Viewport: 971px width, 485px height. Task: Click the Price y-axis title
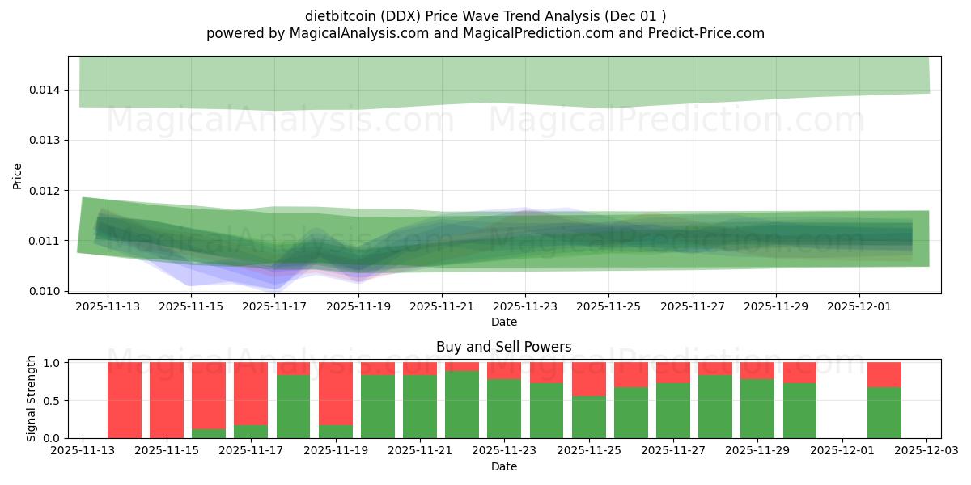[x=18, y=175]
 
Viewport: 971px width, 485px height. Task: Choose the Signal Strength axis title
[x=32, y=399]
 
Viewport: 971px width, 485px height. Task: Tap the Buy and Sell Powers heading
[x=503, y=347]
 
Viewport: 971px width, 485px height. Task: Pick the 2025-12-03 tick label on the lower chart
[x=926, y=451]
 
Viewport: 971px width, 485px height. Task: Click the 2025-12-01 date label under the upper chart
[x=859, y=307]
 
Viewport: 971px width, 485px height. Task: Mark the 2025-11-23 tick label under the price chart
[x=525, y=307]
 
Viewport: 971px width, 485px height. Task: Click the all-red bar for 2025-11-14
[x=125, y=400]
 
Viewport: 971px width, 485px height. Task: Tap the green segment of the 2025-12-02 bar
[x=884, y=413]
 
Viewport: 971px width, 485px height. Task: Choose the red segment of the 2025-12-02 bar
[x=884, y=375]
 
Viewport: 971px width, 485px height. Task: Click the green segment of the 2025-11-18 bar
[x=293, y=407]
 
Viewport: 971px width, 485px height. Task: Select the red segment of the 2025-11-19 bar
[x=335, y=394]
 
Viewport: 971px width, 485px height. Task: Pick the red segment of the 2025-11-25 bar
[x=588, y=379]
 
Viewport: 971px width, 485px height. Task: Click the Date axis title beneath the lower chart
[x=503, y=466]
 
